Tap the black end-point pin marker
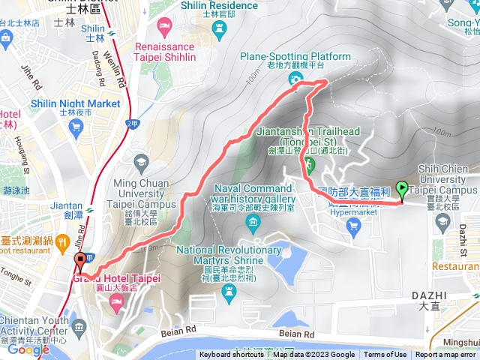pyautogui.click(x=80, y=262)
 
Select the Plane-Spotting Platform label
pyautogui.click(x=295, y=56)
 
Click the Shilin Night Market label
pyautogui.click(x=76, y=103)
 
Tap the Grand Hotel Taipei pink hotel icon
pyautogui.click(x=117, y=301)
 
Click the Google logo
pyautogui.click(x=28, y=349)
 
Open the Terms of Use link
pyautogui.click(x=385, y=355)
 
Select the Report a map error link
pyautogui.click(x=446, y=355)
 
